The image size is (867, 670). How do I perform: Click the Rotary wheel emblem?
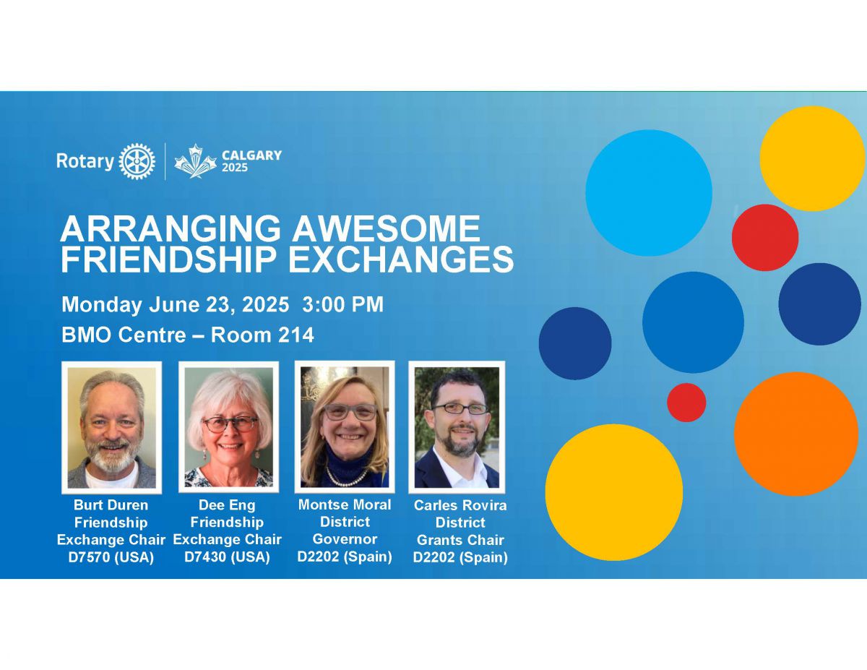pyautogui.click(x=137, y=161)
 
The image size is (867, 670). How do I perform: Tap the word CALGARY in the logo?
pyautogui.click(x=251, y=155)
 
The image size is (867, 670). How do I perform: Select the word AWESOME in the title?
pyautogui.click(x=387, y=228)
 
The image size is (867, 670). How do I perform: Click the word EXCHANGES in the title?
pyautogui.click(x=401, y=259)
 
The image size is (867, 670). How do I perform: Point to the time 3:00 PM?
pyautogui.click(x=342, y=304)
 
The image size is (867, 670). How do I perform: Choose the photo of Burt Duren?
pyautogui.click(x=112, y=428)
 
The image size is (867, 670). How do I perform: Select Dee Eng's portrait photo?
pyautogui.click(x=228, y=427)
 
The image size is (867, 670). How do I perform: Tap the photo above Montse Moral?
pyautogui.click(x=345, y=427)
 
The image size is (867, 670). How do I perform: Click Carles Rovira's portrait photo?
pyautogui.click(x=457, y=427)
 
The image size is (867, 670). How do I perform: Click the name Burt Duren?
pyautogui.click(x=111, y=505)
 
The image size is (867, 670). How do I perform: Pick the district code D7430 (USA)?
pyautogui.click(x=227, y=557)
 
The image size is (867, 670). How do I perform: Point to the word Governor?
pyautogui.click(x=345, y=539)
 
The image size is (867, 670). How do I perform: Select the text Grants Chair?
pyautogui.click(x=460, y=541)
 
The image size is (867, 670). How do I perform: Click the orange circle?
pyautogui.click(x=796, y=434)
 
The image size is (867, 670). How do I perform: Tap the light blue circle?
pyautogui.click(x=649, y=193)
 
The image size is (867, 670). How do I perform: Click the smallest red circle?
pyautogui.click(x=686, y=403)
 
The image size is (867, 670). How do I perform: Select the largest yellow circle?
pyautogui.click(x=613, y=492)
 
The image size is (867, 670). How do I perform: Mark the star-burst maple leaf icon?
pyautogui.click(x=196, y=161)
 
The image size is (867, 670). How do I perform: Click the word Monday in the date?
pyautogui.click(x=102, y=305)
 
